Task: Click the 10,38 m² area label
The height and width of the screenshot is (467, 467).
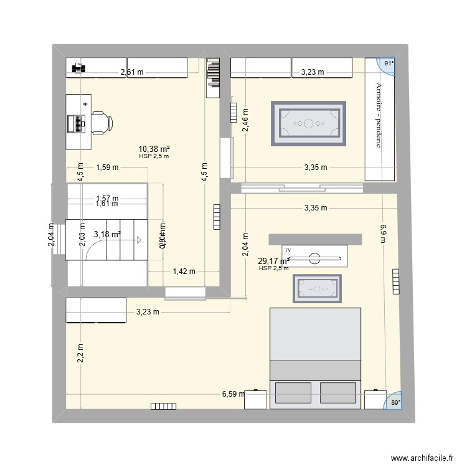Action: (x=154, y=149)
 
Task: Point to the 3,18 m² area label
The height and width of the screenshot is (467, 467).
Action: (x=106, y=234)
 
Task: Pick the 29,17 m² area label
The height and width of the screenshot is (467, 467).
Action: (x=275, y=261)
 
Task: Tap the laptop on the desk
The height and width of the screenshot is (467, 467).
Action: (x=78, y=123)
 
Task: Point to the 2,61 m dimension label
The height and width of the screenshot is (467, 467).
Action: (x=132, y=72)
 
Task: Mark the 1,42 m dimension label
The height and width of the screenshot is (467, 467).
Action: (x=183, y=271)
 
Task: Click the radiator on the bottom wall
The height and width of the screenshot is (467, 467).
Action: (x=164, y=407)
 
